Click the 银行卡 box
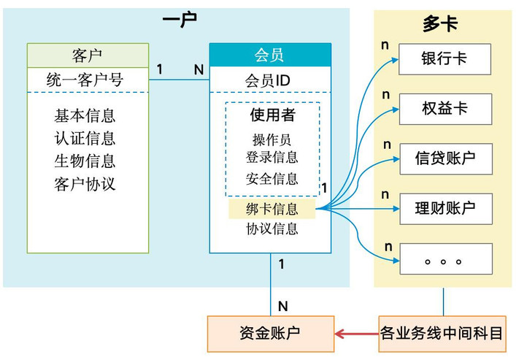point(444,59)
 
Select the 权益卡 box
point(446,109)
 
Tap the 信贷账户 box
point(446,158)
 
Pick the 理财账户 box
point(446,209)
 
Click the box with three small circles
point(446,259)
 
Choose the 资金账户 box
point(271,334)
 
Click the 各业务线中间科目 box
point(442,334)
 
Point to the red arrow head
point(339,334)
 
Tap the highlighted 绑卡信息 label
point(272,209)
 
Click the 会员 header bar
point(270,55)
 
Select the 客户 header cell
point(88,55)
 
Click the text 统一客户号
point(85,80)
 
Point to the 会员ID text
point(268,81)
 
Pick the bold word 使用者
point(272,115)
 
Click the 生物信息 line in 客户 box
point(85,161)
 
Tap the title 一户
point(180,20)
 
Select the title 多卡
point(440,23)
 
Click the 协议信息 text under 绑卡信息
point(272,229)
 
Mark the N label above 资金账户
point(283,306)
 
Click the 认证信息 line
point(85,138)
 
